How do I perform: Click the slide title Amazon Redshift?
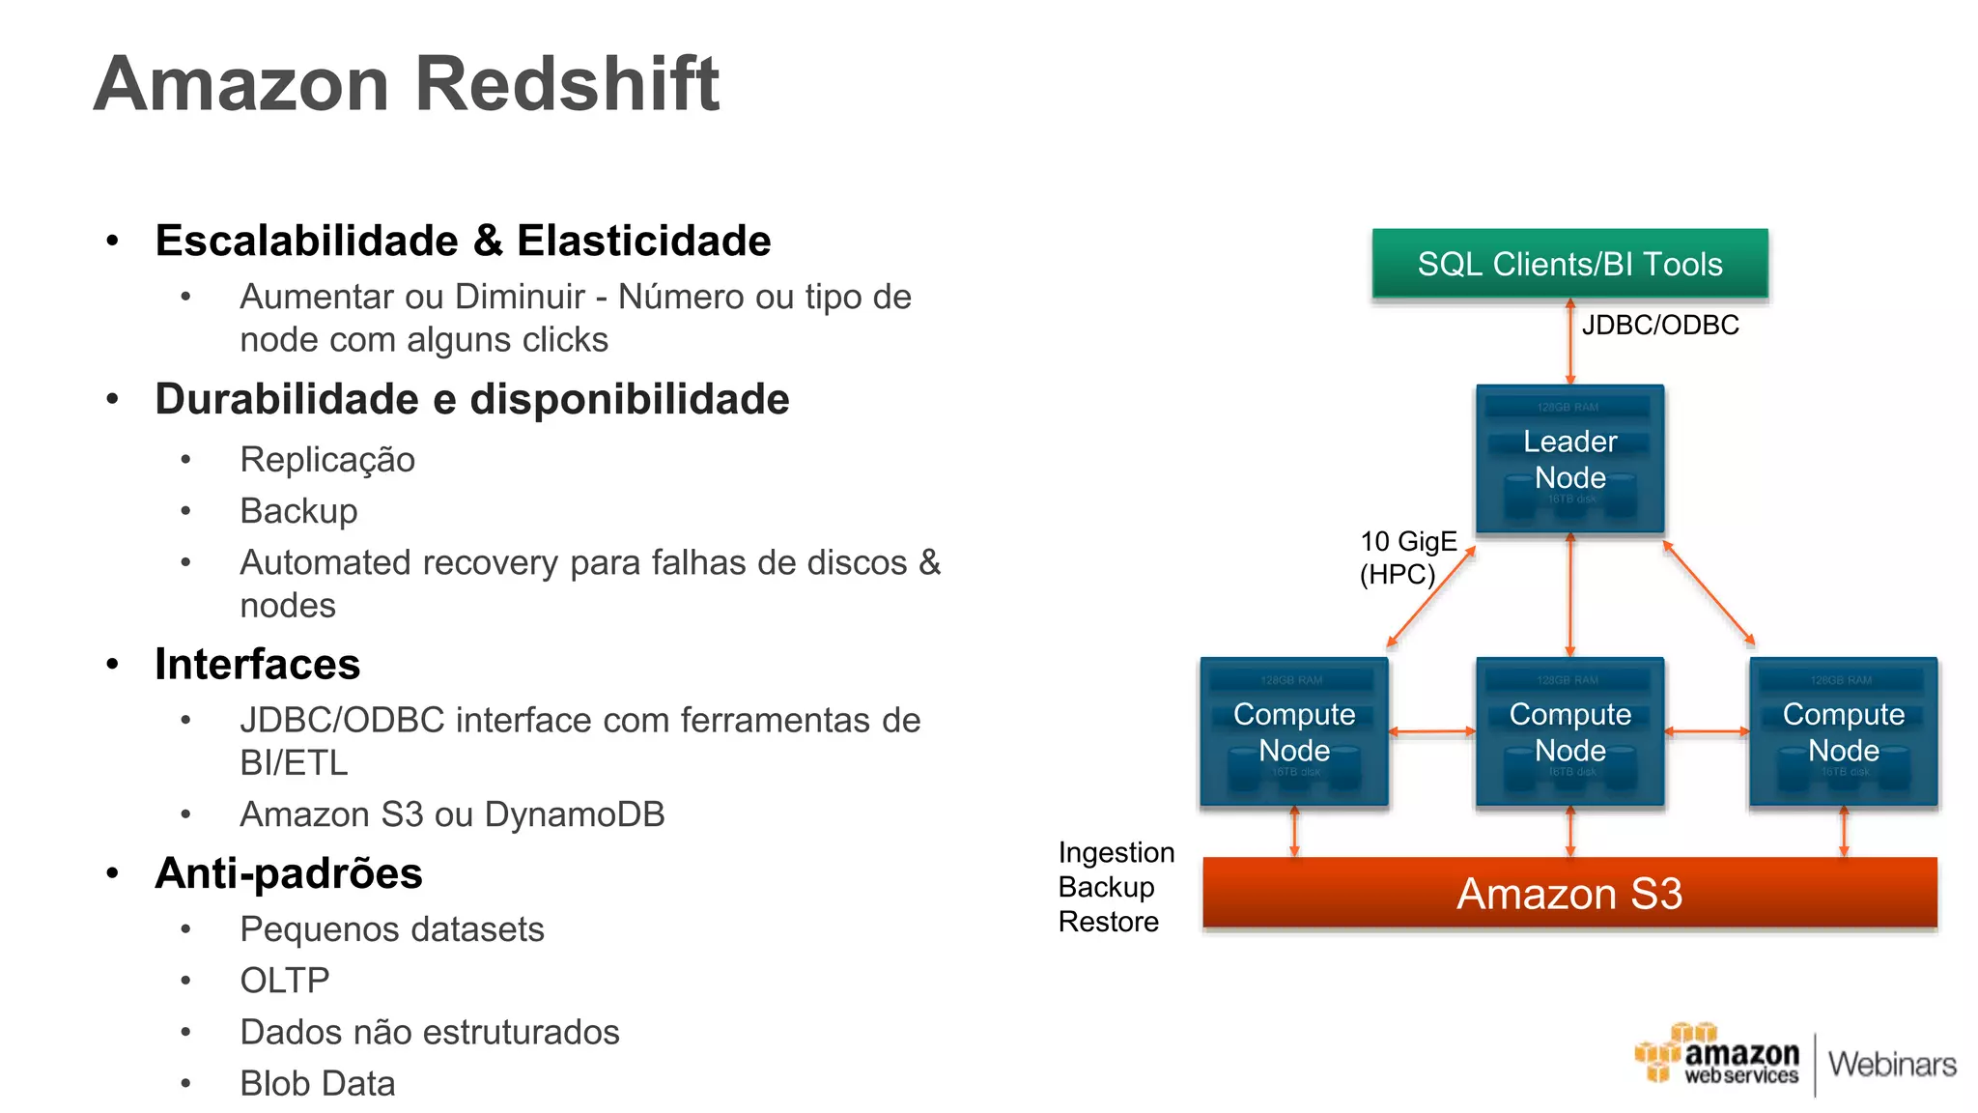[x=406, y=84]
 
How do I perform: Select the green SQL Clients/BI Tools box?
[x=1569, y=264]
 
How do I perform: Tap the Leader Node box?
[x=1569, y=459]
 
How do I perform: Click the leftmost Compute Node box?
[x=1294, y=731]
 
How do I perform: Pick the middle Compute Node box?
[x=1569, y=731]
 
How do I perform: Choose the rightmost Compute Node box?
[x=1843, y=731]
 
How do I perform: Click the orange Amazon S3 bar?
[x=1569, y=894]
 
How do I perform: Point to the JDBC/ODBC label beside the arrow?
[x=1659, y=326]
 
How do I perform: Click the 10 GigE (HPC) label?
[x=1406, y=557]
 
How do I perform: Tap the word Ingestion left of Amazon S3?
[x=1116, y=852]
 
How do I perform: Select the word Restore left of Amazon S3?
[x=1108, y=922]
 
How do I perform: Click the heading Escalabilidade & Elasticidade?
[x=463, y=241]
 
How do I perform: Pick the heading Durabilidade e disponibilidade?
[x=471, y=399]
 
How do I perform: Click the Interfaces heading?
[x=257, y=664]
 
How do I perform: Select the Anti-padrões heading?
[x=288, y=873]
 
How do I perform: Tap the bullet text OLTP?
[x=284, y=981]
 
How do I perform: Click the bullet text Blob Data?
[x=317, y=1084]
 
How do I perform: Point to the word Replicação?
[x=326, y=460]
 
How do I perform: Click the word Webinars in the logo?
[x=1891, y=1065]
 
